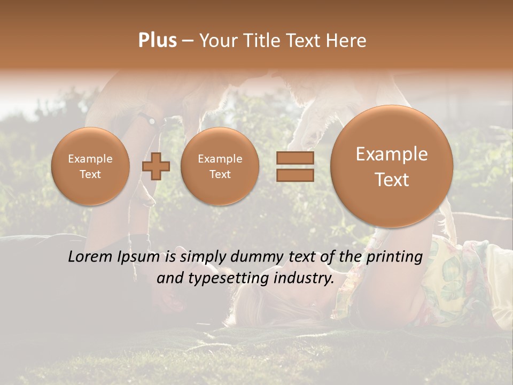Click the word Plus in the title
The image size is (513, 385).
[x=157, y=41]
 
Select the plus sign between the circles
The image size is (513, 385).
[x=156, y=166]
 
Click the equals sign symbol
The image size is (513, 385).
[x=295, y=166]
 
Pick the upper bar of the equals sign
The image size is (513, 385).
[x=295, y=158]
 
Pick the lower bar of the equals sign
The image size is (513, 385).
[x=295, y=175]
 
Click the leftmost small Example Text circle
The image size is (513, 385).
[x=90, y=166]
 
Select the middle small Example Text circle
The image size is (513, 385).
[x=220, y=166]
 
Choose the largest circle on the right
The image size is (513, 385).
[x=392, y=166]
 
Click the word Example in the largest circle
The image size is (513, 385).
[x=392, y=154]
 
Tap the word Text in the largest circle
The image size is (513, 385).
[x=392, y=180]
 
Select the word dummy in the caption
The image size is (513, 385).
[x=258, y=257]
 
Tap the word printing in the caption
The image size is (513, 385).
[x=394, y=257]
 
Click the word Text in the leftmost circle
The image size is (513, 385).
[x=90, y=174]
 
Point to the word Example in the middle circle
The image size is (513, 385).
[x=220, y=159]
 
